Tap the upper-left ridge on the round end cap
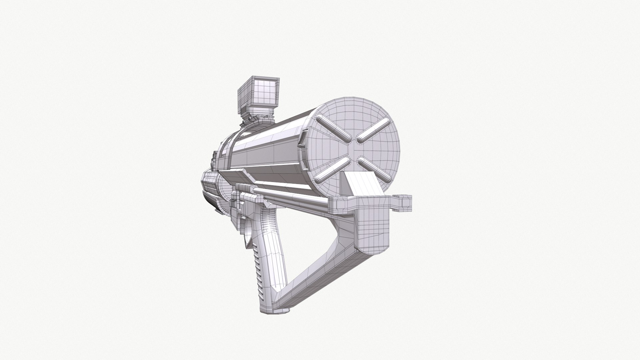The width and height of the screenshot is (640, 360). pos(334,128)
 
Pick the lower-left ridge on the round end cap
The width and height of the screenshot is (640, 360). pos(332,169)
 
